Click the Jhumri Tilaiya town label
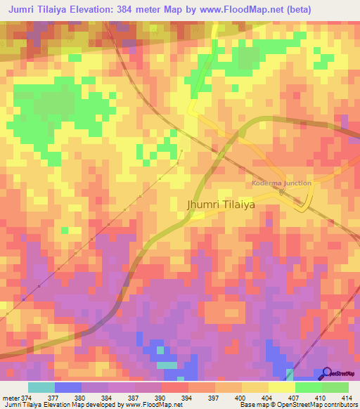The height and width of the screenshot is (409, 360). pyautogui.click(x=220, y=204)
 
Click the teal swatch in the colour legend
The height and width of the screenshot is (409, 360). pyautogui.click(x=41, y=387)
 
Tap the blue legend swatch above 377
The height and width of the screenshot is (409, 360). pyautogui.click(x=68, y=387)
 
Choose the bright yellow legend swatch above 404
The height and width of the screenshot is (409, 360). pyautogui.click(x=282, y=387)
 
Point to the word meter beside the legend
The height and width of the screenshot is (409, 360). pyautogui.click(x=11, y=397)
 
